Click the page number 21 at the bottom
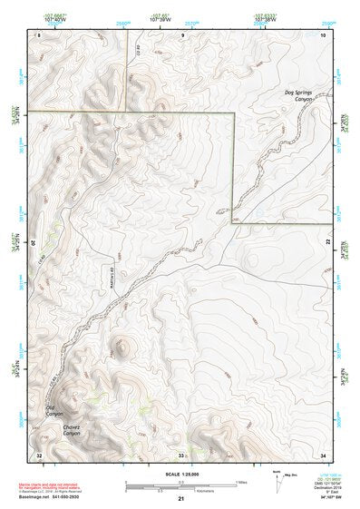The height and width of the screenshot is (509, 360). pyautogui.click(x=181, y=500)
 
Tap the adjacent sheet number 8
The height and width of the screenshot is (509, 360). pyautogui.click(x=39, y=34)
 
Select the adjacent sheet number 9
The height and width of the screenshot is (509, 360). pyautogui.click(x=182, y=34)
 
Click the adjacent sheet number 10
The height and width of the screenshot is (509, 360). pyautogui.click(x=324, y=34)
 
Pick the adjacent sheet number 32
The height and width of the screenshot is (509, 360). pyautogui.click(x=39, y=453)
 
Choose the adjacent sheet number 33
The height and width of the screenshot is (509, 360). pyautogui.click(x=181, y=453)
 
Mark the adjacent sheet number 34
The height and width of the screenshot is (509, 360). pyautogui.click(x=324, y=453)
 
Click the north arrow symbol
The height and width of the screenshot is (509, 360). pyautogui.click(x=276, y=478)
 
